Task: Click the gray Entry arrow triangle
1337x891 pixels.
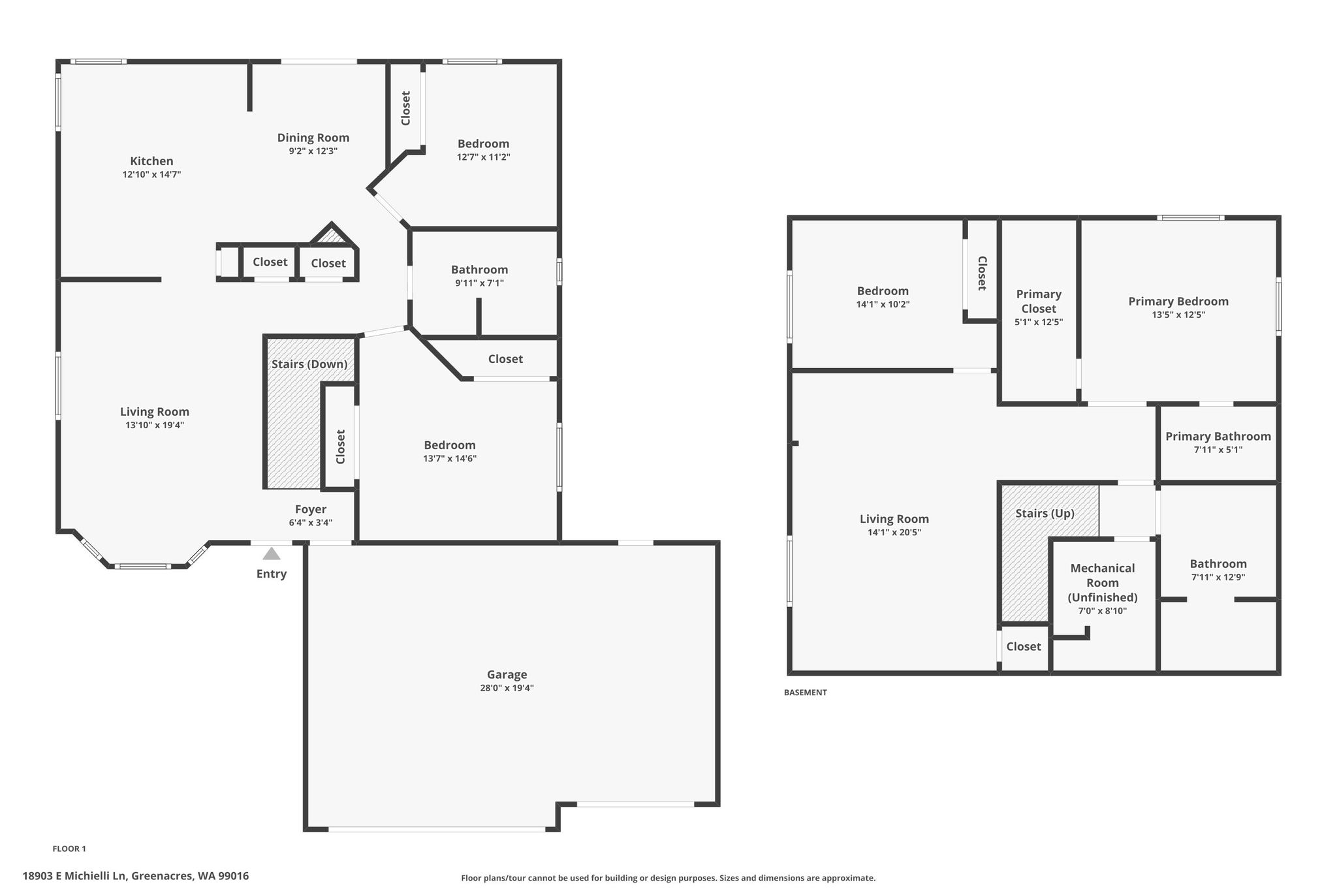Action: click(272, 554)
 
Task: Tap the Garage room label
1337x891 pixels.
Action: click(507, 674)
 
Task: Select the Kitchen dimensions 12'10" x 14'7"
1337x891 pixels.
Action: click(151, 174)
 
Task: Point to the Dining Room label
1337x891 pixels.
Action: click(313, 137)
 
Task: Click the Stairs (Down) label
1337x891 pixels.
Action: click(309, 364)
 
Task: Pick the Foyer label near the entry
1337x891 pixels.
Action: click(311, 509)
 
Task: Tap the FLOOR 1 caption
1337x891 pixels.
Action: click(69, 849)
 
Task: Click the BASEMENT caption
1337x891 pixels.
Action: click(806, 693)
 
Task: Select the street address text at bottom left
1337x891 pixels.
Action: click(136, 876)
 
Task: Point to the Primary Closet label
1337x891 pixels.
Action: click(1039, 301)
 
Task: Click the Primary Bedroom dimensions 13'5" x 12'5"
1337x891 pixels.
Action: click(1178, 315)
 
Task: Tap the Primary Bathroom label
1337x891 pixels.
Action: click(1218, 436)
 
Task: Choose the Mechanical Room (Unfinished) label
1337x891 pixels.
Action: click(1103, 582)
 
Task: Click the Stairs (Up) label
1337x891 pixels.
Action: click(1045, 513)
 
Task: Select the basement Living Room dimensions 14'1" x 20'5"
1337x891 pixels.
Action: click(894, 532)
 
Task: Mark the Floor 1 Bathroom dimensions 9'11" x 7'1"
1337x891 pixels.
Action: click(480, 283)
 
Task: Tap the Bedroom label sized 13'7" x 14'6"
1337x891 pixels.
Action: click(450, 445)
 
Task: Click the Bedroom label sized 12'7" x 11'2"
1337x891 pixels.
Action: click(483, 144)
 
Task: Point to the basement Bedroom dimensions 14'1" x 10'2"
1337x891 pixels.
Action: click(883, 304)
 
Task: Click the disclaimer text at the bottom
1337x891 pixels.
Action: click(668, 878)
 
